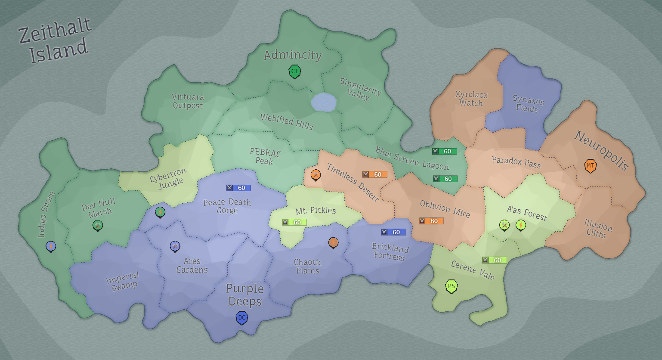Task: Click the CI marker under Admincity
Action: (x=294, y=71)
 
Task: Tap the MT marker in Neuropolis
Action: (x=590, y=166)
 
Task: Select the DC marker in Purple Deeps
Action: (x=242, y=318)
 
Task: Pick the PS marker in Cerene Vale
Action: (x=451, y=286)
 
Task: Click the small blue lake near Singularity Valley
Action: (x=323, y=102)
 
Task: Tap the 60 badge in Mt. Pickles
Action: (x=294, y=222)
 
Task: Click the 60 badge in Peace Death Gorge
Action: (x=238, y=188)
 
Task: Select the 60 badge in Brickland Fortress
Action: (x=393, y=232)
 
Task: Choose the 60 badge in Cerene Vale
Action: (x=494, y=260)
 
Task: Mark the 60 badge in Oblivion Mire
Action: (x=431, y=221)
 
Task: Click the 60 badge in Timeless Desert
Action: (x=374, y=174)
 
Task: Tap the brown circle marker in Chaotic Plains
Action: (x=333, y=242)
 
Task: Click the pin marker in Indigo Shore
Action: (x=51, y=246)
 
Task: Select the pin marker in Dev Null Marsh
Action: (x=98, y=225)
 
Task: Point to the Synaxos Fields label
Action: (x=528, y=104)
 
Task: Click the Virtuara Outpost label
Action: (x=188, y=101)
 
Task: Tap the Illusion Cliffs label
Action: (x=597, y=229)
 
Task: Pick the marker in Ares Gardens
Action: (x=175, y=246)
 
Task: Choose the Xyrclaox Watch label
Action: (x=471, y=99)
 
